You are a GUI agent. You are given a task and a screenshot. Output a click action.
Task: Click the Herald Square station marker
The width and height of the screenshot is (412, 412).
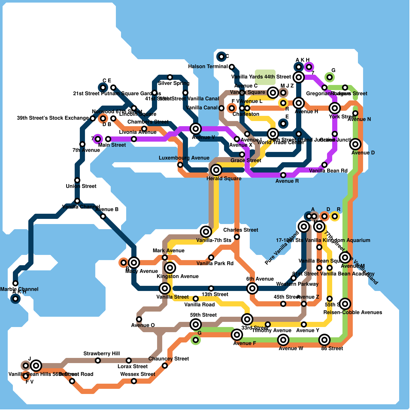click(x=216, y=170)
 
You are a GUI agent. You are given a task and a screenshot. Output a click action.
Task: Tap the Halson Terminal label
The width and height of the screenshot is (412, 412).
click(x=208, y=67)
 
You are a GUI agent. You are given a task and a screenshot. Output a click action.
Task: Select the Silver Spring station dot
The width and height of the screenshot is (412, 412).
click(x=170, y=77)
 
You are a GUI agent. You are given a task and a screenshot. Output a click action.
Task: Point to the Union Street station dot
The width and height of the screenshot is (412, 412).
click(x=77, y=180)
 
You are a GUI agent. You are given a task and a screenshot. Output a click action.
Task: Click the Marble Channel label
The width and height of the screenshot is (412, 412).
click(x=19, y=289)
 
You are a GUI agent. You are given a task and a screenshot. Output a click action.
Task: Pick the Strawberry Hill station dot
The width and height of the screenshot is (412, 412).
click(x=98, y=360)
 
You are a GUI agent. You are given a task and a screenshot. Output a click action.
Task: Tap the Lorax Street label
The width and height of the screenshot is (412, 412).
click(x=133, y=366)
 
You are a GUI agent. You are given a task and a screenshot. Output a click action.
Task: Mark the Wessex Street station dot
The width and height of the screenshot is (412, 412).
click(x=134, y=381)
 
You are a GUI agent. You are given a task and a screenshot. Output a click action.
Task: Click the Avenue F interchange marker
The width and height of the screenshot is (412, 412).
click(x=237, y=335)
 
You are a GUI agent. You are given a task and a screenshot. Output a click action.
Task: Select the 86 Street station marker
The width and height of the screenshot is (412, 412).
click(x=324, y=340)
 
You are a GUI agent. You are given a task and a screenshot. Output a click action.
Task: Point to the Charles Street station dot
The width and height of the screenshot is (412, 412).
click(x=237, y=237)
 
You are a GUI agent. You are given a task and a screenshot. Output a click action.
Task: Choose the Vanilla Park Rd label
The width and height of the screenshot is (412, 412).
click(x=215, y=263)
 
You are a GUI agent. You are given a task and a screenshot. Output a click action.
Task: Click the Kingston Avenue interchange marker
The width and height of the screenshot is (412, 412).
click(x=170, y=268)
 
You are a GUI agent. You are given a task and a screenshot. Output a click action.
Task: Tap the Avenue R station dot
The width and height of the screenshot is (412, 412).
click(x=283, y=175)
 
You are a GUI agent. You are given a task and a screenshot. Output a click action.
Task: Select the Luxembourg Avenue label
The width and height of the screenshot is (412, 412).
click(x=184, y=158)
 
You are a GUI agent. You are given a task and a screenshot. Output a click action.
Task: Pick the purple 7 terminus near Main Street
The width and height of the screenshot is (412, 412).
click(x=98, y=139)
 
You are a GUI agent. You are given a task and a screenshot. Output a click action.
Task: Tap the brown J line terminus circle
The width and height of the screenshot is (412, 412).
click(x=25, y=366)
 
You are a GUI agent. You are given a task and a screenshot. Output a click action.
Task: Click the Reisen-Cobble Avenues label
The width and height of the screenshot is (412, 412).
click(x=353, y=312)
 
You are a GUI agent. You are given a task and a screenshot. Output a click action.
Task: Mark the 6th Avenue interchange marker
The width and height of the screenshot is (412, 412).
click(x=252, y=288)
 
